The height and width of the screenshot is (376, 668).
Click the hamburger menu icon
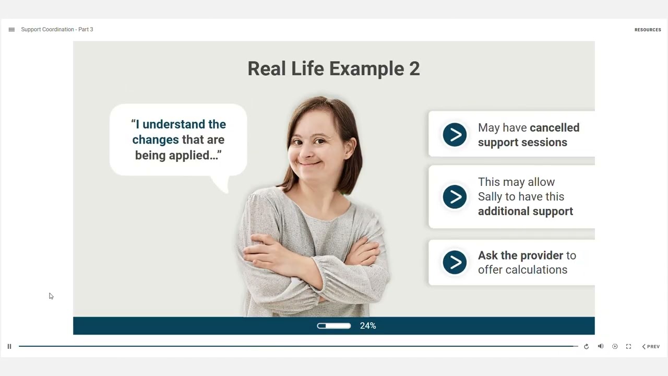11,30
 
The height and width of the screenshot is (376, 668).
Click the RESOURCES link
648,30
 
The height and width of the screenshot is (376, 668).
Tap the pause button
9,346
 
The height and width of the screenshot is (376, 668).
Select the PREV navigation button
651,346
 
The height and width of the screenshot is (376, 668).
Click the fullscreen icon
628,346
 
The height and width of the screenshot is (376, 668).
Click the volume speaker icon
601,346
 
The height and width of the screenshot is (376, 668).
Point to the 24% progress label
368,326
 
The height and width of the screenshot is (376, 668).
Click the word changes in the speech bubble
155,140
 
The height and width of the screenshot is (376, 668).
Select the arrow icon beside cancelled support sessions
455,135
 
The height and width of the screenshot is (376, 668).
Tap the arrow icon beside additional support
455,197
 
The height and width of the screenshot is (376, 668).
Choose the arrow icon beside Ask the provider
455,262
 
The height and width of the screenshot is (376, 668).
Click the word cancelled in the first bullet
554,128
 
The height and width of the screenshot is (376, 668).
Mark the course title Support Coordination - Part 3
57,30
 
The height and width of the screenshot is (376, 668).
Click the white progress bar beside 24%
333,326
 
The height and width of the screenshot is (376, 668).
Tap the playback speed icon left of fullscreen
615,346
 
